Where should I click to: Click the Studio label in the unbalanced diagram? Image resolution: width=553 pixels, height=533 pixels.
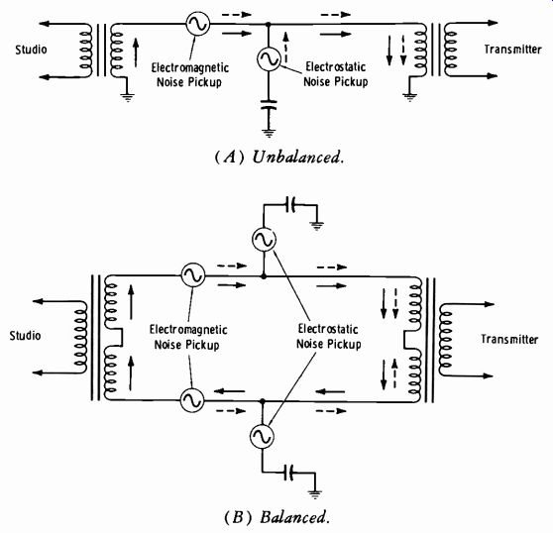click(x=31, y=50)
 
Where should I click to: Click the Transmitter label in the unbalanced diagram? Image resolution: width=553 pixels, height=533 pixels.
click(x=512, y=49)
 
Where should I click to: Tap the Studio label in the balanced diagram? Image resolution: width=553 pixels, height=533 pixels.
click(x=25, y=335)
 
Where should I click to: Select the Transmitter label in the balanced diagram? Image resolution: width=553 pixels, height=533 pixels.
click(x=509, y=339)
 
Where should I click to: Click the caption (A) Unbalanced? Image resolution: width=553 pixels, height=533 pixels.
click(x=278, y=157)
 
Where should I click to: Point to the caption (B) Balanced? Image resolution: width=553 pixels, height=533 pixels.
click(x=276, y=517)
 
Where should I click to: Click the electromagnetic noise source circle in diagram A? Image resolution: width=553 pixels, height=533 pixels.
click(x=197, y=24)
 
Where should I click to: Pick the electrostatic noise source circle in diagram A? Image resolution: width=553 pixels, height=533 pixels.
click(x=269, y=58)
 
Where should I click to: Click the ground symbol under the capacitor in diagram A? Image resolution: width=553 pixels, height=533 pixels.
click(x=269, y=133)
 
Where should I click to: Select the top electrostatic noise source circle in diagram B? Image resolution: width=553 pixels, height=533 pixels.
click(x=264, y=239)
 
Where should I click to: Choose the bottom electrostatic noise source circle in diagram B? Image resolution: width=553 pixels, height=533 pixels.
click(x=262, y=436)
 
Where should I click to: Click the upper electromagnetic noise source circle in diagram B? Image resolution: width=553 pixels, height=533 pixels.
click(x=193, y=274)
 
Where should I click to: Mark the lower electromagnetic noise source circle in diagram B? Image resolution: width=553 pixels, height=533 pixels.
click(x=192, y=400)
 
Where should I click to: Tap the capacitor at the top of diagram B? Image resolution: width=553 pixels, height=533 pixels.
click(x=290, y=205)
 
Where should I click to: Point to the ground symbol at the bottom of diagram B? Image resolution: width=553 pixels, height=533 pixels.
click(x=315, y=494)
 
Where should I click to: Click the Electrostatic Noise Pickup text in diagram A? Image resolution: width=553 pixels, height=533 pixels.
click(x=335, y=74)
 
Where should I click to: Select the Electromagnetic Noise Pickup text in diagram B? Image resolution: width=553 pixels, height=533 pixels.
click(x=188, y=337)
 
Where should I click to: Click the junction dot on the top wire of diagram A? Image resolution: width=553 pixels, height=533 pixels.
click(x=268, y=25)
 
